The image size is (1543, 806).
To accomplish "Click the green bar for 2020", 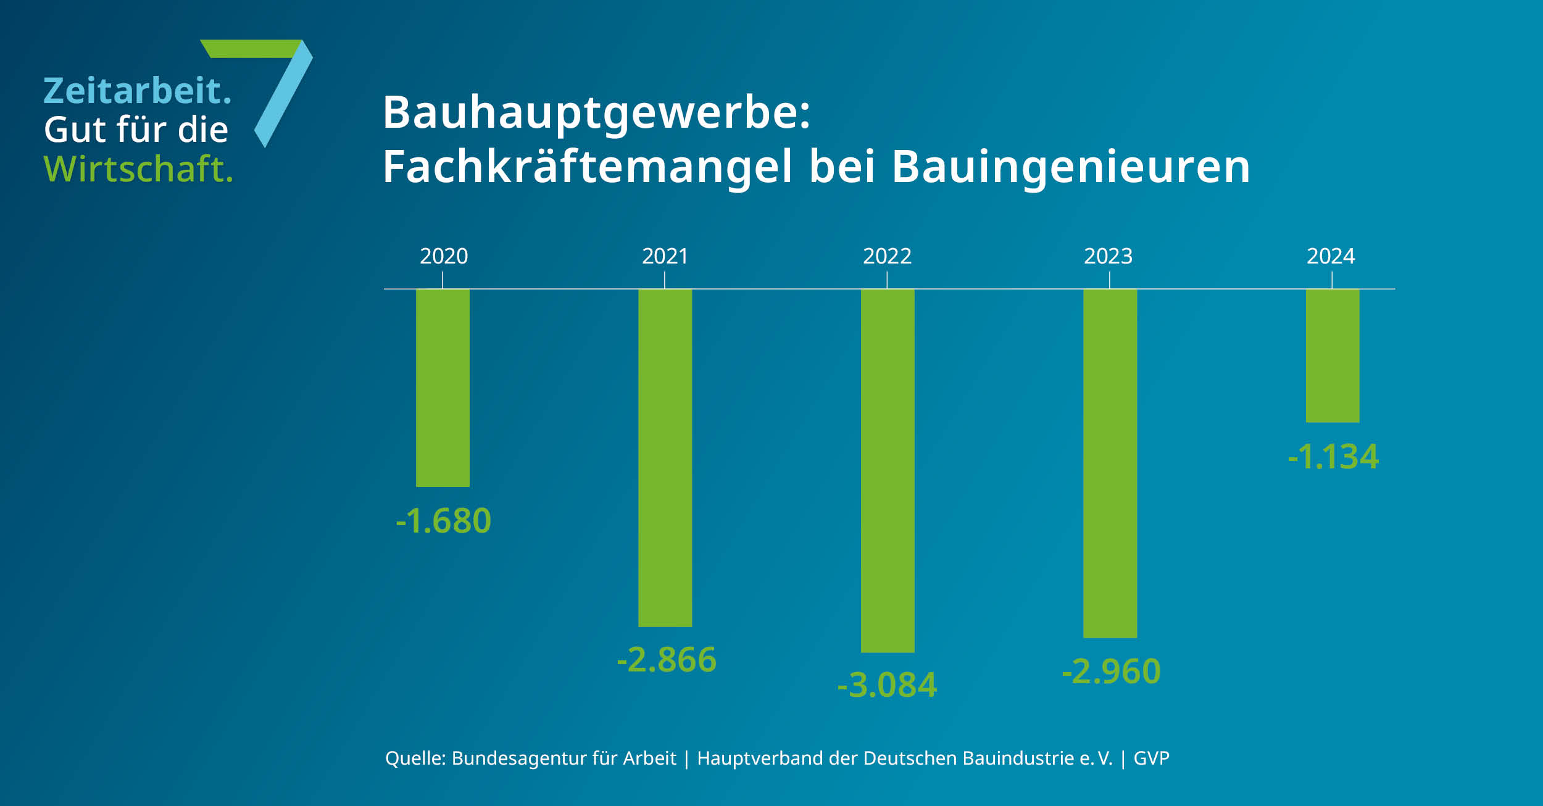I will point(443,388).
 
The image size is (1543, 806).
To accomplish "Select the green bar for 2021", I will point(665,458).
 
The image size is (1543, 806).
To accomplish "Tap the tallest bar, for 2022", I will point(888,471).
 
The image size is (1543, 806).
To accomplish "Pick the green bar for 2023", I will point(1110,463).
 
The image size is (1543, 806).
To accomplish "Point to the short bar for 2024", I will point(1333,355).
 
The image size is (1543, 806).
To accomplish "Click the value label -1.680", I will point(443,520).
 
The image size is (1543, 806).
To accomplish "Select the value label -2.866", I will point(667,659).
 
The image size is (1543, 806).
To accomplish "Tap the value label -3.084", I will point(887,685).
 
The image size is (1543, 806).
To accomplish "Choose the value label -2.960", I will point(1111,671).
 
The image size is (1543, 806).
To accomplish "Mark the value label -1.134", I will point(1333,457).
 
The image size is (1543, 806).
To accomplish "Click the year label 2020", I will point(444,256).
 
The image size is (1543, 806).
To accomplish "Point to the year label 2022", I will point(887,256).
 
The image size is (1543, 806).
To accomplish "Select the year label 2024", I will point(1331,256).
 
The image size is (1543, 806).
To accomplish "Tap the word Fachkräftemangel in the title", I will point(587,167).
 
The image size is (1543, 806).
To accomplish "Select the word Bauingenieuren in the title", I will point(1071,167).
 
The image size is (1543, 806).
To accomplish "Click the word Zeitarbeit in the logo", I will point(133,91).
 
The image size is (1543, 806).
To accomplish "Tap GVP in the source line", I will point(1151,758).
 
